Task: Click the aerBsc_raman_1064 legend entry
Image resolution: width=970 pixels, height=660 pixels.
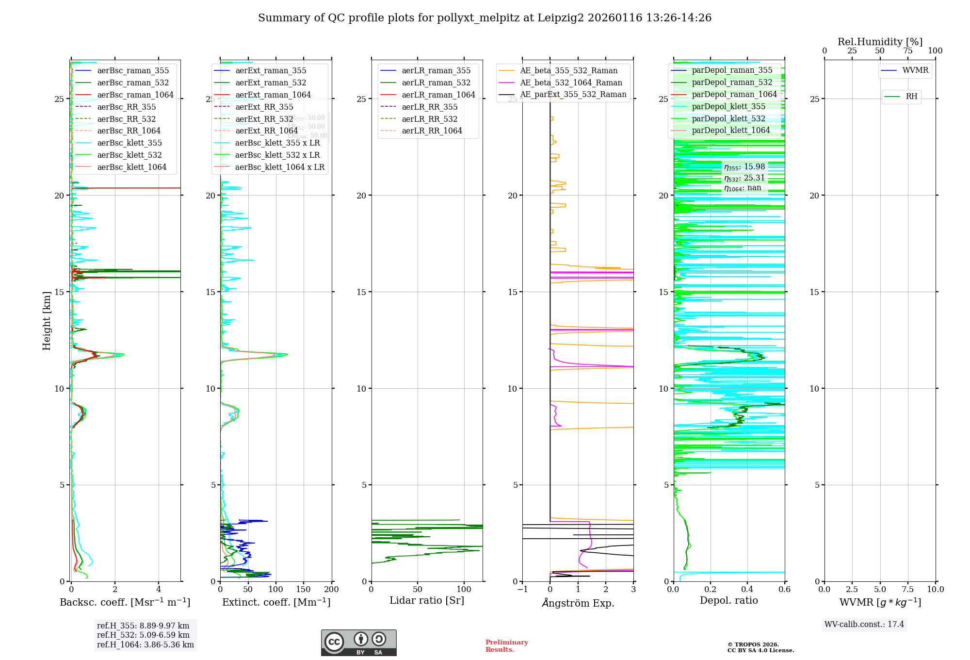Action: point(135,95)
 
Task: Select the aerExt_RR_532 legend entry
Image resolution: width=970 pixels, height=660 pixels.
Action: point(264,119)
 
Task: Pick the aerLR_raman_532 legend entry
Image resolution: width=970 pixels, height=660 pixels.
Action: point(436,82)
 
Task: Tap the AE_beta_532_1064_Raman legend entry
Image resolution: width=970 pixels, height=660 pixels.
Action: point(571,82)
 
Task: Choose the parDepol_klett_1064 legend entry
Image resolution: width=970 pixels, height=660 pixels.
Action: point(730,130)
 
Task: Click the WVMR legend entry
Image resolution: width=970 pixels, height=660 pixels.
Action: point(915,70)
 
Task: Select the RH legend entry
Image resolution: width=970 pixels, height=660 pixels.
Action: point(911,97)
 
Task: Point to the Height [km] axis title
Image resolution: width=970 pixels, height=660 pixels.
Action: point(47,321)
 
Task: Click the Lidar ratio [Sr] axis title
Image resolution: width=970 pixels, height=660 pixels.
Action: point(427,600)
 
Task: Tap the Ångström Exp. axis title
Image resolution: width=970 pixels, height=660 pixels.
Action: point(578,603)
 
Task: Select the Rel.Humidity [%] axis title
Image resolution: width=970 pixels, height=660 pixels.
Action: point(880,42)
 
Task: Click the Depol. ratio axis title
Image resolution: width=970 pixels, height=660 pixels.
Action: point(728,600)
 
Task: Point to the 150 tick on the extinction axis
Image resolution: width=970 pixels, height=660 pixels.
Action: point(304,589)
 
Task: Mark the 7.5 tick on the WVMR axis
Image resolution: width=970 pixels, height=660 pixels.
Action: point(907,589)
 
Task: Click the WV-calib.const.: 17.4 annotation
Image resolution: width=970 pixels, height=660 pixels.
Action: point(864,624)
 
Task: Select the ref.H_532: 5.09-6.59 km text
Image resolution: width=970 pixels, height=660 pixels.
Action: point(143,635)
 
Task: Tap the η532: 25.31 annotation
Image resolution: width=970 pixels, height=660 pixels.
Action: point(744,178)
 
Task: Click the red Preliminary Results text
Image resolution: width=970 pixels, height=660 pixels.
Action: point(506,645)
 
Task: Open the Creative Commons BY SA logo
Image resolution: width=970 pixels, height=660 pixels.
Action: point(358,643)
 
